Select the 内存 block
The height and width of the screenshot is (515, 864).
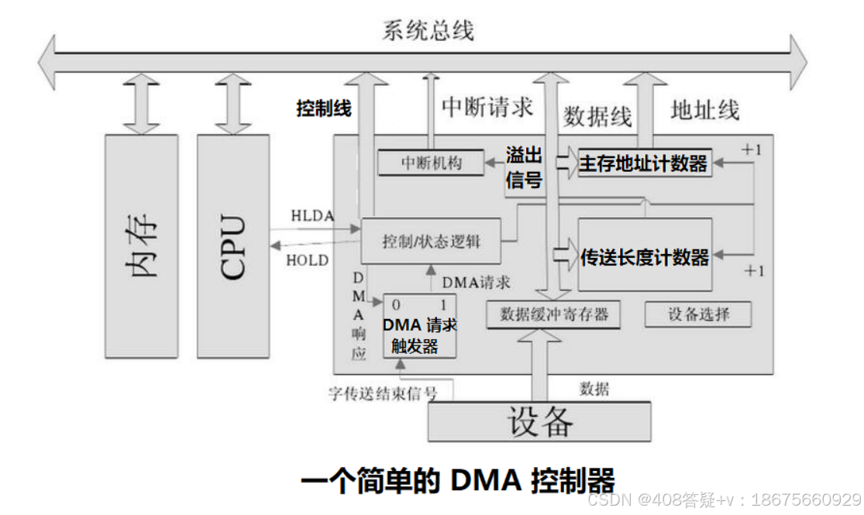tap(142, 246)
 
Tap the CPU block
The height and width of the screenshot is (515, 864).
tap(233, 246)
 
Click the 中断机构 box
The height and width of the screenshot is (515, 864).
tap(431, 163)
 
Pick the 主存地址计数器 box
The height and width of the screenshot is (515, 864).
tap(644, 163)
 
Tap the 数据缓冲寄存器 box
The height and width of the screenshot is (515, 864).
tap(555, 314)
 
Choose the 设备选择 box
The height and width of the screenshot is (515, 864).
tap(698, 314)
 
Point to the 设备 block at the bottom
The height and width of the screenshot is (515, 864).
tap(540, 421)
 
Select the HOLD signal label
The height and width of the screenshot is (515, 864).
tap(308, 260)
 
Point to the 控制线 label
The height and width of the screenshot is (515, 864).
tap(324, 109)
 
